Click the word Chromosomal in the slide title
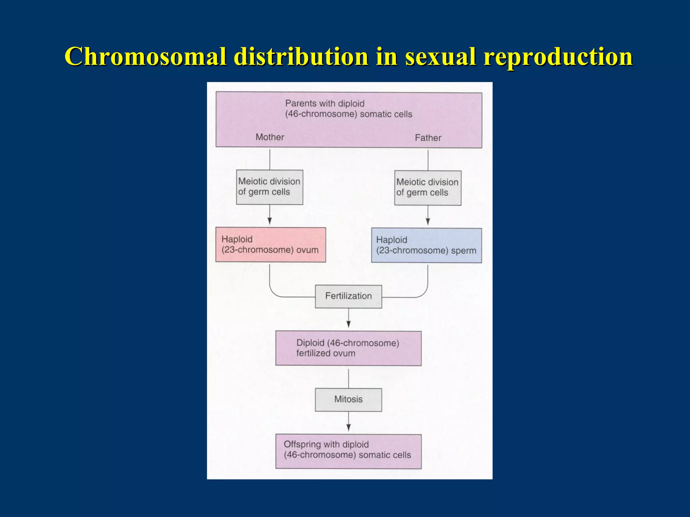pyautogui.click(x=145, y=56)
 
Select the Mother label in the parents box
pyautogui.click(x=270, y=137)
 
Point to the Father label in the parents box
pyautogui.click(x=428, y=138)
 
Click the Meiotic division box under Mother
pyautogui.click(x=270, y=187)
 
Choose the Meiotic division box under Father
pyautogui.click(x=428, y=188)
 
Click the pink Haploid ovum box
pyautogui.click(x=271, y=245)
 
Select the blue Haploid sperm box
pyautogui.click(x=426, y=245)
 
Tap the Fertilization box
pyautogui.click(x=348, y=296)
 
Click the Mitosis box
pyautogui.click(x=348, y=400)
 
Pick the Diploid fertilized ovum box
pyautogui.click(x=348, y=348)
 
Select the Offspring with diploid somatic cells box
pyautogui.click(x=348, y=451)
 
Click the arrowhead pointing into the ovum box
pyautogui.click(x=270, y=221)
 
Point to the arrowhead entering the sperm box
pyautogui.click(x=428, y=221)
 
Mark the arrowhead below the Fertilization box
pyautogui.click(x=348, y=324)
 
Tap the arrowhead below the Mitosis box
pyautogui.click(x=348, y=427)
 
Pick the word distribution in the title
pyautogui.click(x=301, y=56)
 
